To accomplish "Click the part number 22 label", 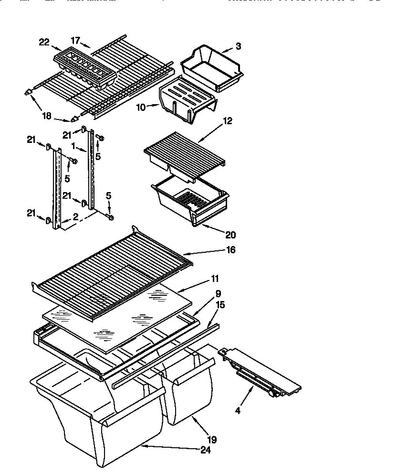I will (44, 42).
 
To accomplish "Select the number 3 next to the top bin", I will (238, 46).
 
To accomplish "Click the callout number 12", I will (227, 121).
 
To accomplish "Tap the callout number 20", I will (230, 235).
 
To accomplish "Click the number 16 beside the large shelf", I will (230, 249).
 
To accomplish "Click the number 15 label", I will (220, 304).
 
